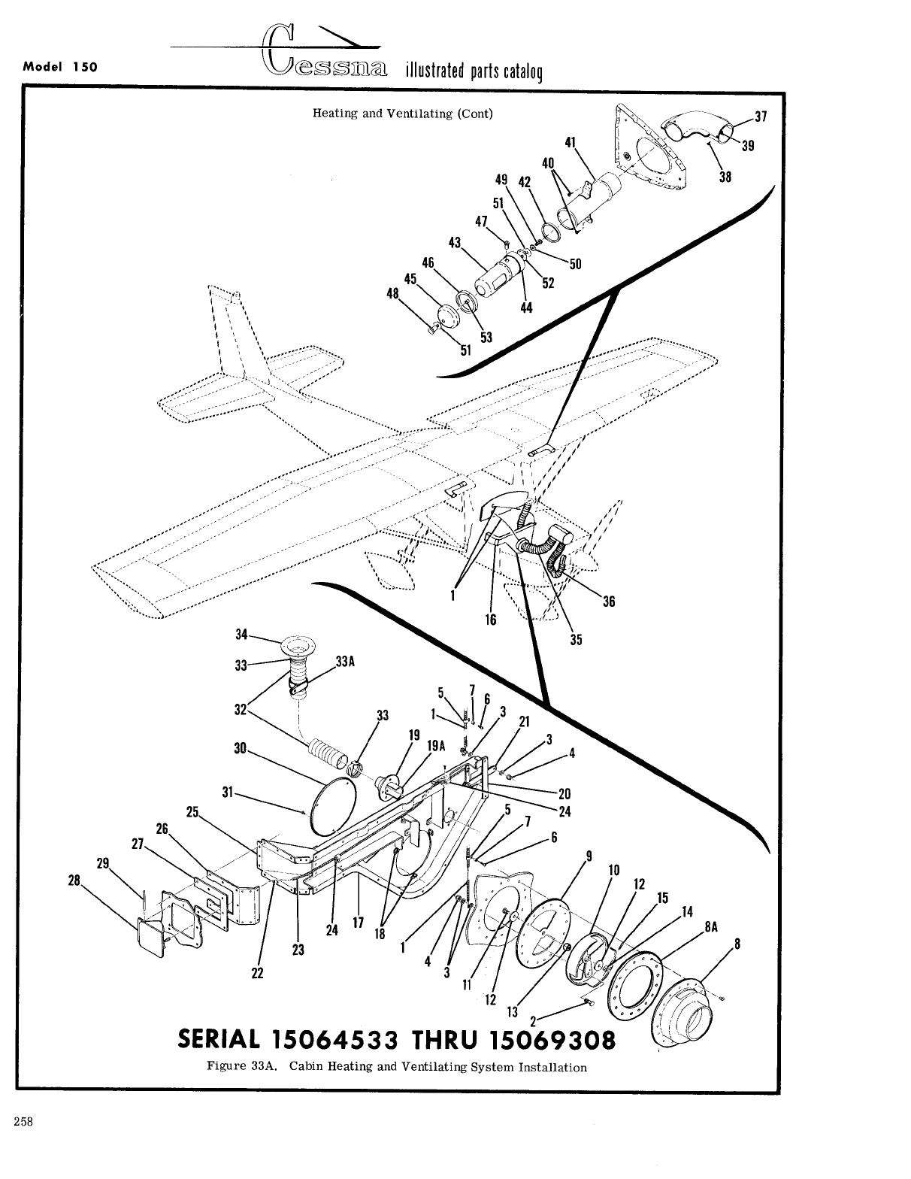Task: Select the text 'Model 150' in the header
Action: point(60,65)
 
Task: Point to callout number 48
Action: point(392,294)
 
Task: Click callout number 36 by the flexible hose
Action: point(608,602)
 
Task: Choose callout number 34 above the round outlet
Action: point(241,635)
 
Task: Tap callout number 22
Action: point(258,972)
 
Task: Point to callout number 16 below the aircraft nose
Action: point(491,620)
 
